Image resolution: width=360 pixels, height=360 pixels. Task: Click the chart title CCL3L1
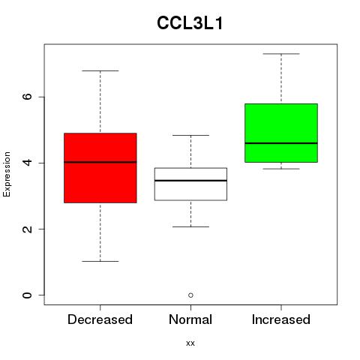tap(190, 23)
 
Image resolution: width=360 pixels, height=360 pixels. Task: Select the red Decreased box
tap(100, 168)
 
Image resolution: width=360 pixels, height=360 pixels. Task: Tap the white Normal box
tap(190, 184)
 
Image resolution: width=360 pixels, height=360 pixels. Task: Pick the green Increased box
tap(281, 133)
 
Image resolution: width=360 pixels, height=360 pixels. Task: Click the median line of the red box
tap(100, 162)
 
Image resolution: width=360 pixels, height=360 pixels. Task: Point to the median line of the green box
tap(281, 143)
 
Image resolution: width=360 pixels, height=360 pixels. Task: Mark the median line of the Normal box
tap(190, 180)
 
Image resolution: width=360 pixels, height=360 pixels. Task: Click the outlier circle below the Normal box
tap(190, 295)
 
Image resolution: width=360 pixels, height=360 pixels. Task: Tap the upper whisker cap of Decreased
tap(100, 70)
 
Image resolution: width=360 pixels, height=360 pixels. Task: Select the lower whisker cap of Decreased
tap(100, 261)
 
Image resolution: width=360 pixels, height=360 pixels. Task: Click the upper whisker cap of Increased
tap(281, 54)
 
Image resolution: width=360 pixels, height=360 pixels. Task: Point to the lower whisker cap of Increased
tap(281, 169)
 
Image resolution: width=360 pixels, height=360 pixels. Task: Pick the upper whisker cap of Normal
tap(190, 135)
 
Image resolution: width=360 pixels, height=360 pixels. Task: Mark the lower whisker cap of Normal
tap(190, 226)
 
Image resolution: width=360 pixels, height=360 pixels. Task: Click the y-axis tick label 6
tap(27, 97)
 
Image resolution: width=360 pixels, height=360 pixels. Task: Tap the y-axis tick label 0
tap(27, 295)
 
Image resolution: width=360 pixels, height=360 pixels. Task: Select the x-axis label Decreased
tap(100, 319)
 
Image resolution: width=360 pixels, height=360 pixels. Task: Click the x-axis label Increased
tap(281, 319)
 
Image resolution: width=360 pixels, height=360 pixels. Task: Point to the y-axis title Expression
tap(7, 174)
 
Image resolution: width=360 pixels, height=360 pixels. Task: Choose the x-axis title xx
tap(190, 343)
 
